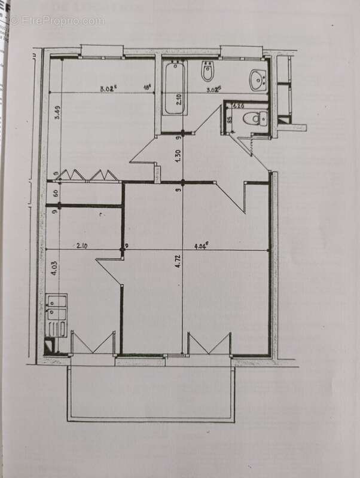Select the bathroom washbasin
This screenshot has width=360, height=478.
coord(258,78)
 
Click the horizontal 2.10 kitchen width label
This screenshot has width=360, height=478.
coord(83,244)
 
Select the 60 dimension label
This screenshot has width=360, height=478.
coord(54,193)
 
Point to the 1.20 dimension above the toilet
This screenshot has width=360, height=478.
coord(238,106)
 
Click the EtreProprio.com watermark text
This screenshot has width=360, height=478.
coord(57,20)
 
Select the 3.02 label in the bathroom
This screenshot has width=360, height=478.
coord(213,90)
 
